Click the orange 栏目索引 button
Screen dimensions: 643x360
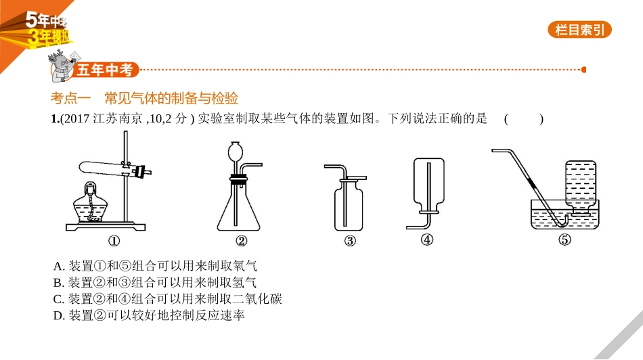(579, 30)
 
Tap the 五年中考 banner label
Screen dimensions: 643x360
(105, 70)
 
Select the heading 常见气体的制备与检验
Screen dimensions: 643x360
(171, 98)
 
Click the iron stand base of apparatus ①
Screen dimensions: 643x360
(106, 227)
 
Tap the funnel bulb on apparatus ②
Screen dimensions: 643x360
(236, 150)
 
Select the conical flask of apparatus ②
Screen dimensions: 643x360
(238, 205)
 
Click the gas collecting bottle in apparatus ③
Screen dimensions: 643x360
(349, 205)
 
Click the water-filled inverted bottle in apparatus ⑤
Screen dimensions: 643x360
(580, 187)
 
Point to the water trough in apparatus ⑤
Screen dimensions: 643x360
(564, 215)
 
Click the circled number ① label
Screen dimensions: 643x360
(114, 241)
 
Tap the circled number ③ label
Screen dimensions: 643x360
(350, 241)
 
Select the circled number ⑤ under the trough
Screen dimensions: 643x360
(564, 240)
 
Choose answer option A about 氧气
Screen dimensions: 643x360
(155, 266)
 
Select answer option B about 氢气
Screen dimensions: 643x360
(154, 282)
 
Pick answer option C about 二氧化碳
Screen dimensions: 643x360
(167, 299)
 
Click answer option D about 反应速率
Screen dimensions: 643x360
(149, 315)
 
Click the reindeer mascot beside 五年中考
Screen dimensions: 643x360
(62, 66)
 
